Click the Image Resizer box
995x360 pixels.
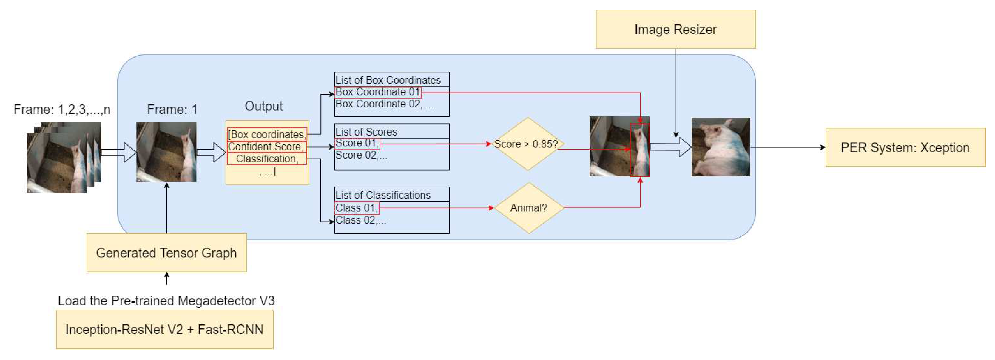(x=675, y=29)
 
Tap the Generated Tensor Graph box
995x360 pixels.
(x=166, y=253)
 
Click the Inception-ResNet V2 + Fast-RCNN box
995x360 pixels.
(x=165, y=330)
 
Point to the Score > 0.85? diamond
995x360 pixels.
(x=527, y=144)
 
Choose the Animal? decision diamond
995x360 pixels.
(x=528, y=208)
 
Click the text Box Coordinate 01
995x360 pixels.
(x=377, y=92)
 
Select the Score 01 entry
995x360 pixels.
(x=357, y=143)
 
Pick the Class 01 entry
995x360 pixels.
(x=357, y=208)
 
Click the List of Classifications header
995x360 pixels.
(x=383, y=195)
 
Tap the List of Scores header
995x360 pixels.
(x=366, y=132)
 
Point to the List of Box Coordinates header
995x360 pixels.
(x=388, y=80)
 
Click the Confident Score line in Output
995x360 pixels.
(x=266, y=147)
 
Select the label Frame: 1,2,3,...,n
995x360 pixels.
(x=62, y=109)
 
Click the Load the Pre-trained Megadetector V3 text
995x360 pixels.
(x=166, y=301)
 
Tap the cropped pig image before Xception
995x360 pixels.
(x=721, y=147)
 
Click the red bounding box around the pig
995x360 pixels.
(x=640, y=150)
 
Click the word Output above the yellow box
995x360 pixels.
(x=263, y=106)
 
